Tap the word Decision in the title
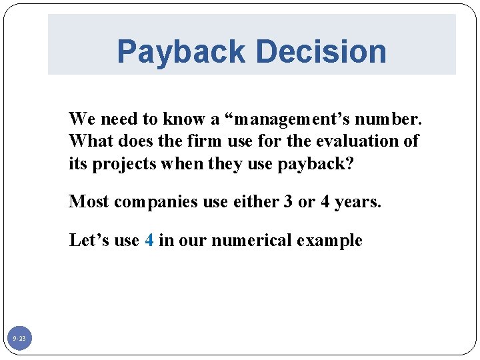point(321,52)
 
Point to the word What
point(88,141)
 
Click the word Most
point(89,201)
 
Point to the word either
point(255,201)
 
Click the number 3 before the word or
point(288,201)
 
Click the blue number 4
point(149,240)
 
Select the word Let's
point(89,240)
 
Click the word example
point(333,240)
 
